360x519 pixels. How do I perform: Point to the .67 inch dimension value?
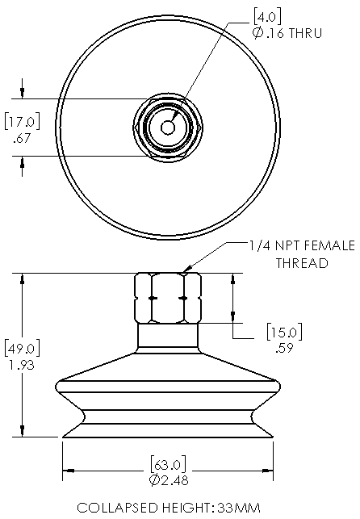pyautogui.click(x=22, y=138)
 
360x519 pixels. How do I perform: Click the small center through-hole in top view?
pyautogui.click(x=168, y=127)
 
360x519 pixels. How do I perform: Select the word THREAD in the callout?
pyautogui.click(x=303, y=262)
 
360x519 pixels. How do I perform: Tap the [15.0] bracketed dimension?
pyautogui.click(x=283, y=332)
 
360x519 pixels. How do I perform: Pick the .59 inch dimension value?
pyautogui.click(x=283, y=348)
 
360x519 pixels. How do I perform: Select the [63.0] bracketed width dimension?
pyautogui.click(x=168, y=464)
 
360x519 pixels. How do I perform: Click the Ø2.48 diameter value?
pyautogui.click(x=168, y=481)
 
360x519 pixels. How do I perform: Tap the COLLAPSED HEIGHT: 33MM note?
pyautogui.click(x=169, y=508)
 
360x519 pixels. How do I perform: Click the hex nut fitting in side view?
pyautogui.click(x=168, y=298)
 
